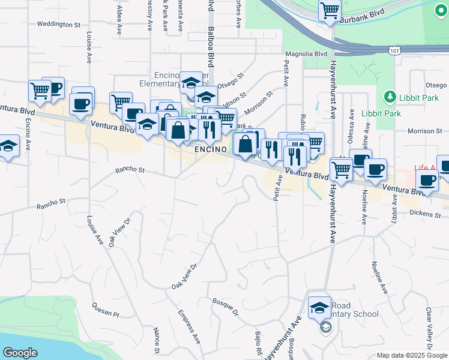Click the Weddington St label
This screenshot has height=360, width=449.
tap(58, 25)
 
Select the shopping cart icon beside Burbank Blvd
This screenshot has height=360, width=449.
tap(330, 10)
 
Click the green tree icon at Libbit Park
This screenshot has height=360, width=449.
tap(389, 97)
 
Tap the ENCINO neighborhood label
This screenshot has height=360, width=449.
tap(209, 149)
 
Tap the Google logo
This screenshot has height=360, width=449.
tap(19, 352)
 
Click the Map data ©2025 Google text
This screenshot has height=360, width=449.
tap(412, 355)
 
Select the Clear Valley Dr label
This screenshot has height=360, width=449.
tap(429, 329)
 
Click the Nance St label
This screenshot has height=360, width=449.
tap(156, 340)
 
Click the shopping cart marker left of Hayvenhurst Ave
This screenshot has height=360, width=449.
tap(341, 169)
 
